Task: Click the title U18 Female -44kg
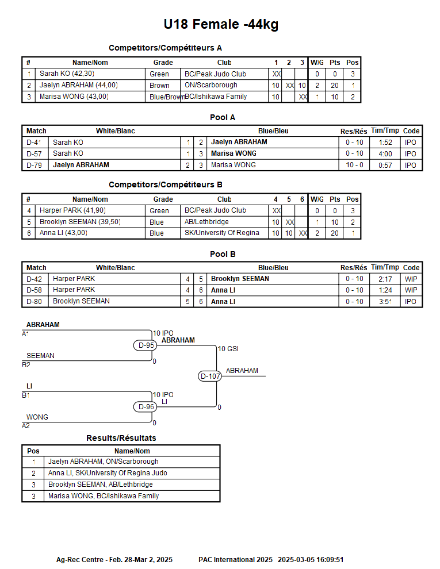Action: pyautogui.click(x=221, y=24)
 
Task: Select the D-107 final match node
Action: pyautogui.click(x=210, y=376)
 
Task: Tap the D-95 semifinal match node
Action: pyautogui.click(x=145, y=345)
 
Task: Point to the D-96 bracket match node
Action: pyautogui.click(x=145, y=407)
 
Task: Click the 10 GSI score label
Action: pyautogui.click(x=228, y=349)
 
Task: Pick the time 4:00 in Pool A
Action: pyautogui.click(x=385, y=154)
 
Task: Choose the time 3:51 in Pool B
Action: pyautogui.click(x=385, y=302)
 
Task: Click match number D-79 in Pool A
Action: pyautogui.click(x=34, y=166)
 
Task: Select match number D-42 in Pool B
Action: pyautogui.click(x=34, y=279)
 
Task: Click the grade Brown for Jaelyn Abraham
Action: pyautogui.click(x=159, y=85)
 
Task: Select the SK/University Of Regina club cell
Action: pyautogui.click(x=222, y=233)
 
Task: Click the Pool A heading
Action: pyautogui.click(x=223, y=117)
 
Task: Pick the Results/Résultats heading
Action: pyautogui.click(x=121, y=438)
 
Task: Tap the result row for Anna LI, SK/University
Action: pyautogui.click(x=121, y=473)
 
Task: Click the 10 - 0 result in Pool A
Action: pyautogui.click(x=354, y=165)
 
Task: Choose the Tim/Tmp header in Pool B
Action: pyautogui.click(x=385, y=267)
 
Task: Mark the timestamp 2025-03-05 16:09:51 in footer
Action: pyautogui.click(x=311, y=560)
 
